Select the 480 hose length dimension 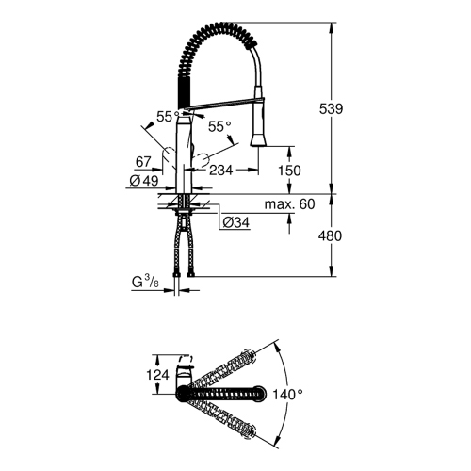[354, 235]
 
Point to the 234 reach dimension [220, 170]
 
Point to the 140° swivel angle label [286, 395]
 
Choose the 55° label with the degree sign [220, 125]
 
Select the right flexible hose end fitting [195, 274]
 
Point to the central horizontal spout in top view [231, 390]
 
